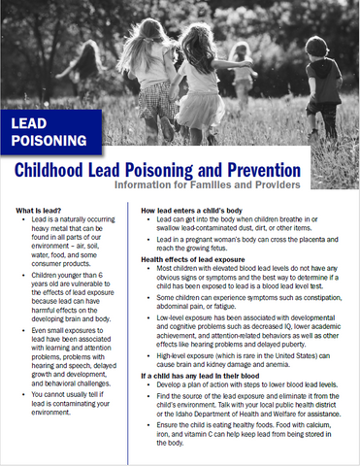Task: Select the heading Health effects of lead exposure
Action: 205,259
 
